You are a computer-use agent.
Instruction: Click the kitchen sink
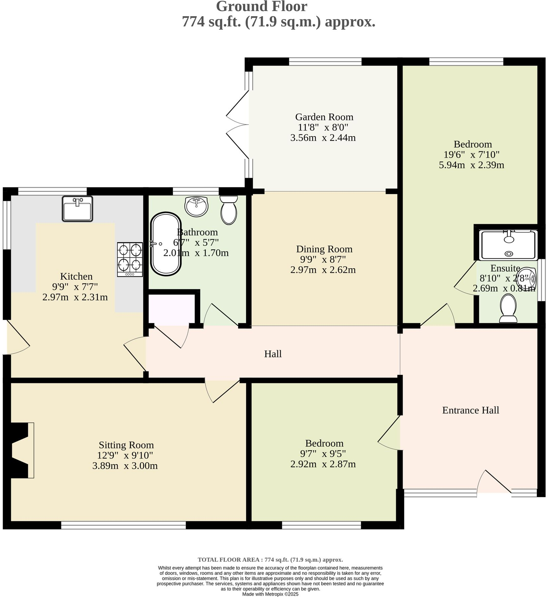(77, 209)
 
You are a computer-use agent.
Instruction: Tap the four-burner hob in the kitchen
(130, 260)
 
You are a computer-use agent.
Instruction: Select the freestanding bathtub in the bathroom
(166, 244)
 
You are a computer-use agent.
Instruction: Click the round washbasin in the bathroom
(197, 206)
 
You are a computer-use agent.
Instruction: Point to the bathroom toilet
(229, 210)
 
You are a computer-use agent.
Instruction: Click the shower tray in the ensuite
(509, 245)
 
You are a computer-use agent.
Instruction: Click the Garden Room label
(324, 117)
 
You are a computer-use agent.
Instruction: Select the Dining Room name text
(324, 249)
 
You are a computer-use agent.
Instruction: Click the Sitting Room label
(126, 445)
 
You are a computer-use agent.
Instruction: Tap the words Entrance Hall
(470, 410)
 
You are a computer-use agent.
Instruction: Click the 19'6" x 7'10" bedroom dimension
(471, 155)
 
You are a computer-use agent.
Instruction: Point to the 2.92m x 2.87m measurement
(323, 464)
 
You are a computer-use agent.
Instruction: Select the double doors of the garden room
(238, 125)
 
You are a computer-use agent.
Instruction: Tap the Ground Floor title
(261, 6)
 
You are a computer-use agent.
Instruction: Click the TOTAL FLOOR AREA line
(270, 560)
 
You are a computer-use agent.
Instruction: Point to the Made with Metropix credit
(270, 594)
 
